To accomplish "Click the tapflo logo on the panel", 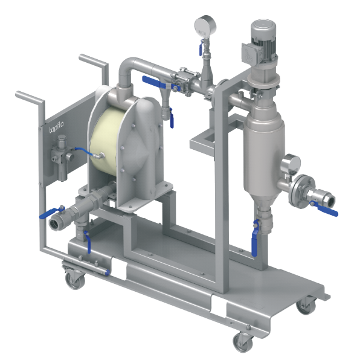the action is point(56,127).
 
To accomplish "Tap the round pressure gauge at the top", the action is point(205,26).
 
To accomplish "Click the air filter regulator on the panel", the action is point(62,158).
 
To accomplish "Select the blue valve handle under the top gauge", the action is point(201,48).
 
